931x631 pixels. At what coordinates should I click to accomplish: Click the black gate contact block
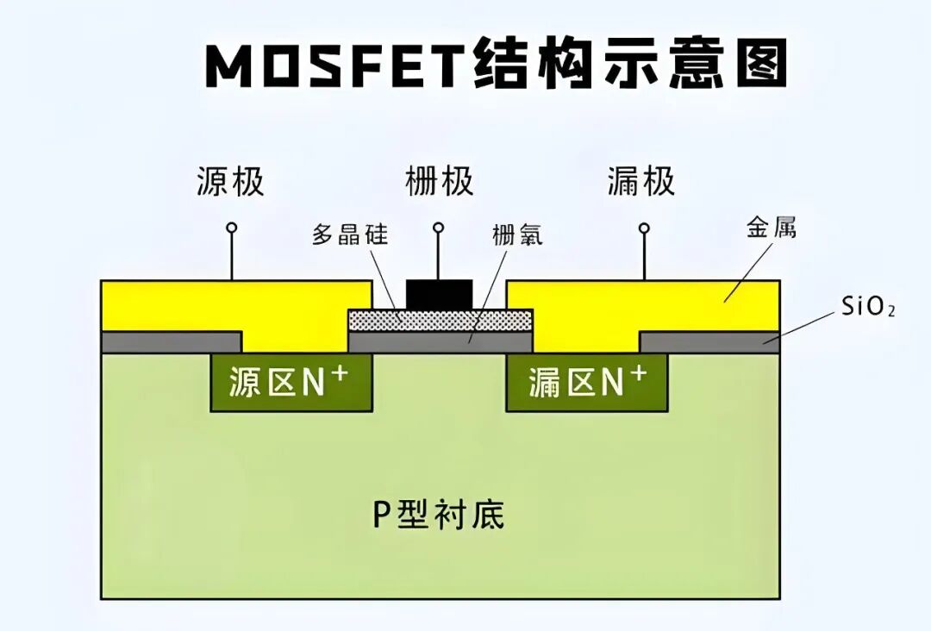(440, 294)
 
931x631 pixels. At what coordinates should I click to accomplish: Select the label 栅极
(440, 182)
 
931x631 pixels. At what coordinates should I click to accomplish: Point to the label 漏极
(640, 182)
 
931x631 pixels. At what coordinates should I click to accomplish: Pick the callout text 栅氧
(517, 234)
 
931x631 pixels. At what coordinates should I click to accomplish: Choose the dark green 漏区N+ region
(587, 382)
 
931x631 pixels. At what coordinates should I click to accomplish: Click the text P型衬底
(438, 515)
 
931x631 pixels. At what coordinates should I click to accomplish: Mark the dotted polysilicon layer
(440, 321)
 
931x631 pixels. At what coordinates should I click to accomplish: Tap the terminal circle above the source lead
(231, 228)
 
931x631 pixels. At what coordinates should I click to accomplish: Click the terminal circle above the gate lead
(439, 228)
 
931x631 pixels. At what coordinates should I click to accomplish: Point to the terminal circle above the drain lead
(643, 228)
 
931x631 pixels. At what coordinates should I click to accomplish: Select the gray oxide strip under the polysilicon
(440, 342)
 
